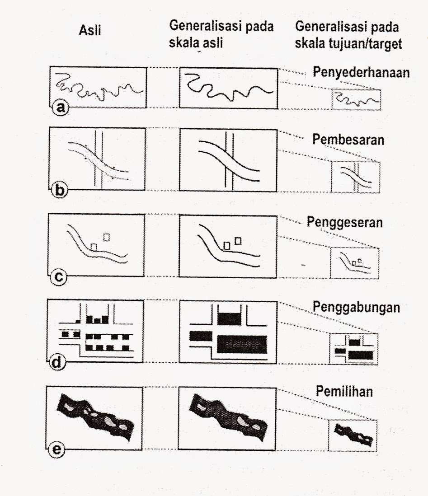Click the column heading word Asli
89,32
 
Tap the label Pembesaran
348,140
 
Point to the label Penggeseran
344,223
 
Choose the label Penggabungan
356,308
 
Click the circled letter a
59,107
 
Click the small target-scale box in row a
357,99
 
